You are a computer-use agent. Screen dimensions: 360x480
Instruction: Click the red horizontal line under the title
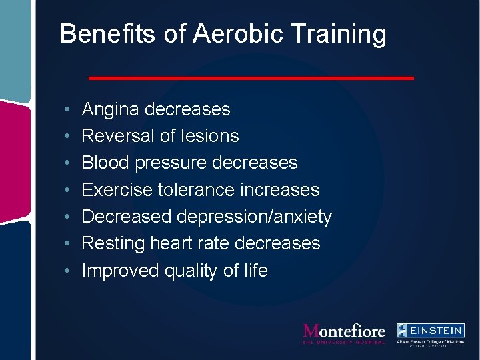251,78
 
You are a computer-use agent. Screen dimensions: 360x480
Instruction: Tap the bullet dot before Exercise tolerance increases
69,191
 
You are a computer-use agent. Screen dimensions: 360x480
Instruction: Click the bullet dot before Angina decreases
69,110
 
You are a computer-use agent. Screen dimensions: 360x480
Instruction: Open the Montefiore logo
343,333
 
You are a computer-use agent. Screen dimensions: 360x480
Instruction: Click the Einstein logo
430,334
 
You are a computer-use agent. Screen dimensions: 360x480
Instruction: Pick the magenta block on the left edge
14,156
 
